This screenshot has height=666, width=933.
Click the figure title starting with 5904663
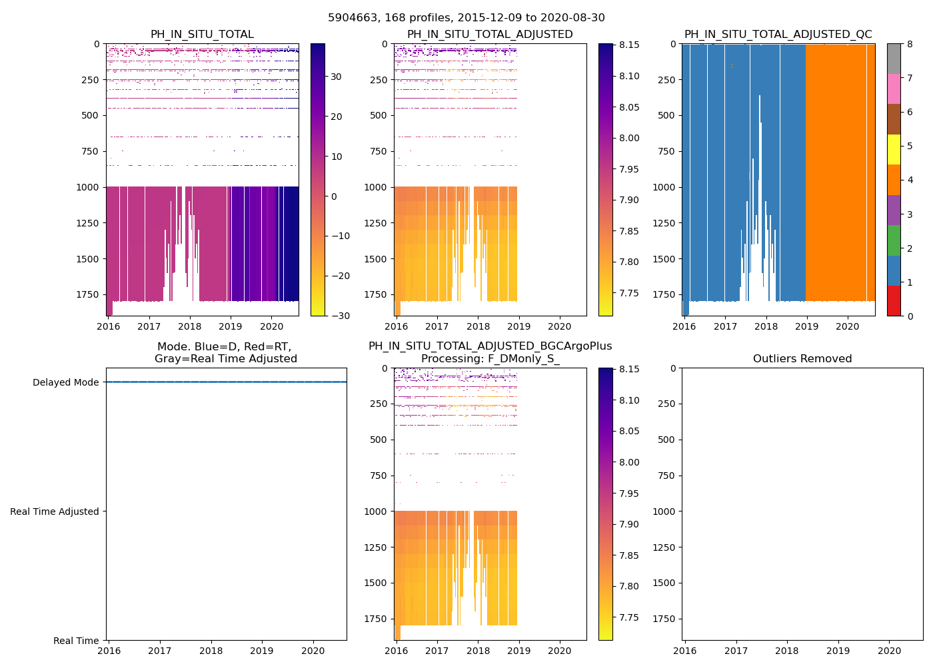click(467, 18)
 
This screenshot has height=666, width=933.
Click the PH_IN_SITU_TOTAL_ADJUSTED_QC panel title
click(778, 35)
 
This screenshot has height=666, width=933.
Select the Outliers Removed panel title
click(802, 359)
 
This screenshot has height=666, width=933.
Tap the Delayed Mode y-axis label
click(65, 382)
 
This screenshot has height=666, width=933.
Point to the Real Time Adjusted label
click(55, 511)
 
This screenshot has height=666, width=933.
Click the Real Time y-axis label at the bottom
click(76, 641)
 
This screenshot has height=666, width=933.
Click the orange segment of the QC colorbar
click(894, 180)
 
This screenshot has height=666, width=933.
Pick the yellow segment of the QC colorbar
click(894, 149)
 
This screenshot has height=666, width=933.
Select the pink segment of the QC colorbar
click(894, 89)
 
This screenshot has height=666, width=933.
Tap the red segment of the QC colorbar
click(894, 300)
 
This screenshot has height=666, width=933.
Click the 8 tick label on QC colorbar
click(910, 45)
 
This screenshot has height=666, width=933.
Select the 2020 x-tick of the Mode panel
click(313, 651)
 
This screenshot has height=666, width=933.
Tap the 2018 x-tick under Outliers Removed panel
click(787, 651)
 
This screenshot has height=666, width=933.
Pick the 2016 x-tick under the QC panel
click(684, 326)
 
